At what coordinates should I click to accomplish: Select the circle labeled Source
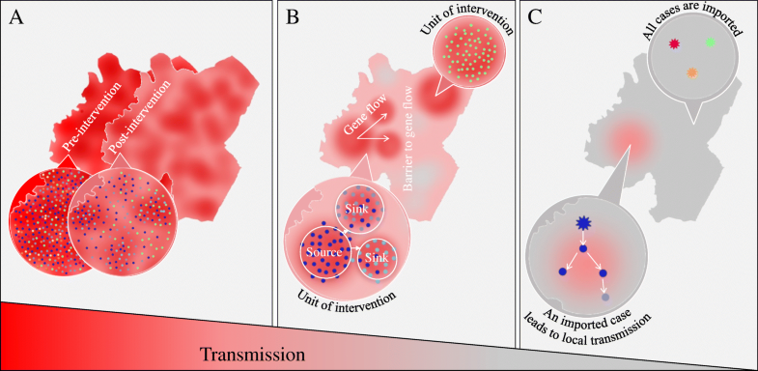[x=326, y=251]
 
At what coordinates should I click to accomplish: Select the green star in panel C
[x=711, y=42]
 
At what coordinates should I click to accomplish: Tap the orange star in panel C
[x=691, y=72]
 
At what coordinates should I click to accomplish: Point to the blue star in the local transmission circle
[x=582, y=224]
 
